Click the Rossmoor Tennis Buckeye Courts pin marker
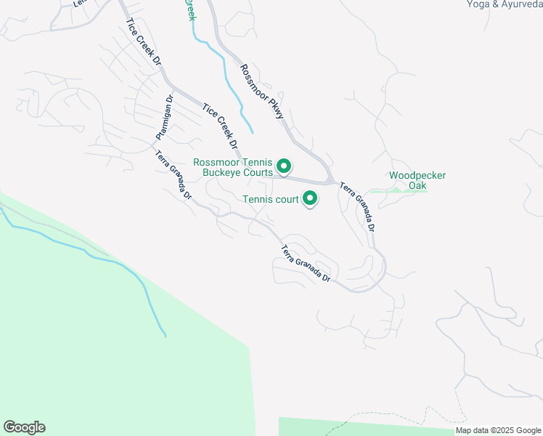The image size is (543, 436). pyautogui.click(x=285, y=167)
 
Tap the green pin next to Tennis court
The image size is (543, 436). pyautogui.click(x=310, y=197)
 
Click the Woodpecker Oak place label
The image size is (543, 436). pyautogui.click(x=417, y=180)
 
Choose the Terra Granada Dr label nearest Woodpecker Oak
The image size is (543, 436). pyautogui.click(x=358, y=206)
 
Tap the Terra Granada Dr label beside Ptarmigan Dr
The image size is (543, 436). pyautogui.click(x=173, y=175)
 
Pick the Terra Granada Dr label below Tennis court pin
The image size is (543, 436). pyautogui.click(x=306, y=265)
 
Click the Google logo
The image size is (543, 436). pyautogui.click(x=24, y=427)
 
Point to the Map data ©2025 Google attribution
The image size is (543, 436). pyautogui.click(x=498, y=430)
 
